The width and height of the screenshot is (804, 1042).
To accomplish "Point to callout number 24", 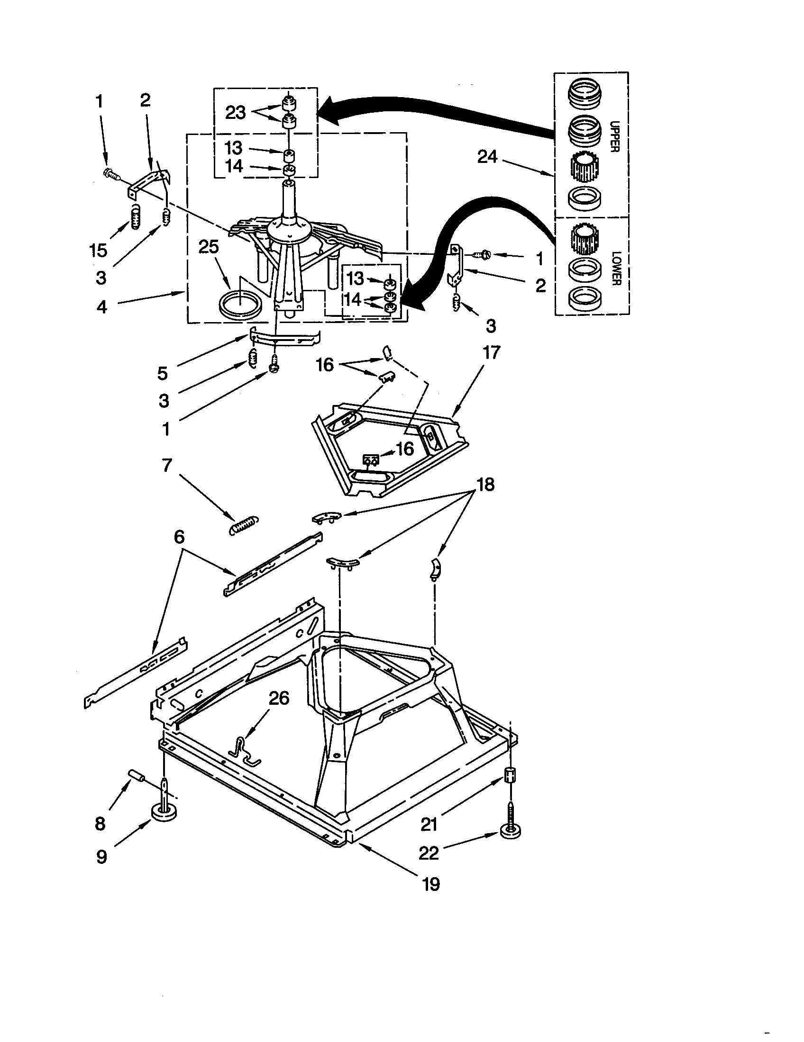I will coord(487,156).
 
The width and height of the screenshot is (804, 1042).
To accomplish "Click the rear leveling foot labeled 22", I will coord(510,831).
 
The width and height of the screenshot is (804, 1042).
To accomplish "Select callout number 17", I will coord(491,352).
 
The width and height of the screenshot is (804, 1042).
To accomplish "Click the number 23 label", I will coord(235,113).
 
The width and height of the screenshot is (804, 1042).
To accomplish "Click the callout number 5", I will coord(163,373).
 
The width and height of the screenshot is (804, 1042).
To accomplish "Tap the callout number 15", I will coord(98,250).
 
